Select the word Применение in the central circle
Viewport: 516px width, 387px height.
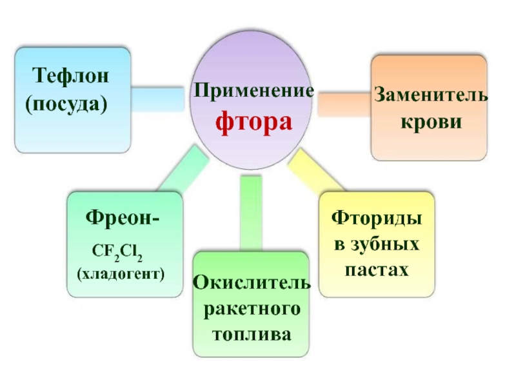[253, 91]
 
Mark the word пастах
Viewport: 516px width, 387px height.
[377, 269]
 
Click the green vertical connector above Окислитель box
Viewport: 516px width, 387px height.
[250, 213]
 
